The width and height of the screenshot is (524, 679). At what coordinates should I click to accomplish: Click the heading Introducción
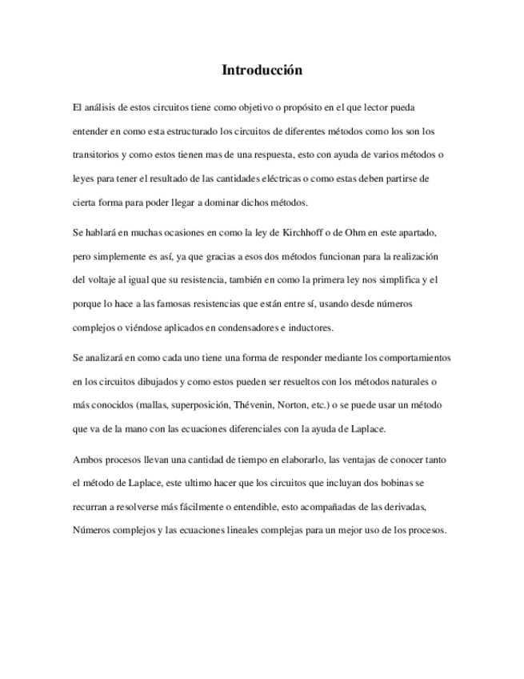point(262,70)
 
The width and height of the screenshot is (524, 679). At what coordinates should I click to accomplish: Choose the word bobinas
point(417,484)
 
